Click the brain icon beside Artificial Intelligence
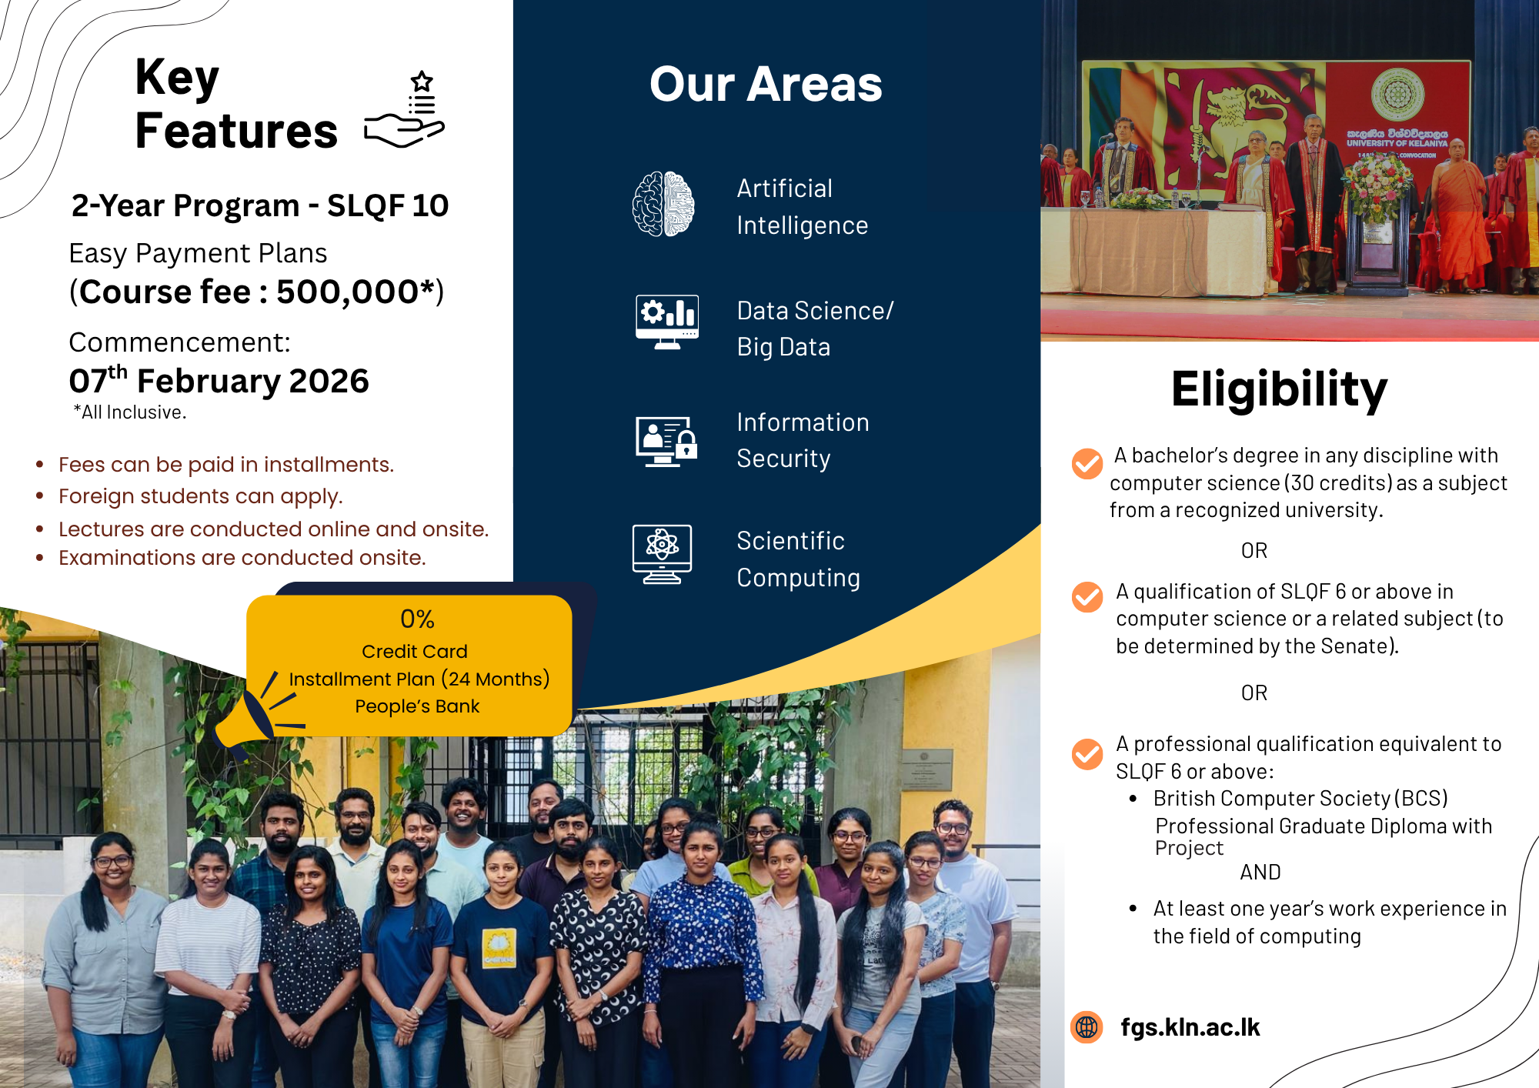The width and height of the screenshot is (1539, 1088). (x=663, y=204)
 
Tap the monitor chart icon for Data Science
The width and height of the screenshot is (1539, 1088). (x=667, y=322)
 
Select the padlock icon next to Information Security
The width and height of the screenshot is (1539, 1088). (x=686, y=444)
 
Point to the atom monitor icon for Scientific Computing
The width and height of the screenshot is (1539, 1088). (x=662, y=554)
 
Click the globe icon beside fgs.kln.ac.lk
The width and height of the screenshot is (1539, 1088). (x=1087, y=1026)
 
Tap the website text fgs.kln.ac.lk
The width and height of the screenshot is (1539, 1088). (x=1190, y=1027)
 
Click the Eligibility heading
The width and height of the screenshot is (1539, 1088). (x=1279, y=389)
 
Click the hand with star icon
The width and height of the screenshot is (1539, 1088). (x=405, y=109)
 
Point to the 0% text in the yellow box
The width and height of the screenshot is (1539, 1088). (x=417, y=619)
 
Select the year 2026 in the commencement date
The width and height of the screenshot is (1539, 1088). (x=329, y=381)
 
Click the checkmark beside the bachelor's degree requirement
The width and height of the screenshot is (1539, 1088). (x=1087, y=463)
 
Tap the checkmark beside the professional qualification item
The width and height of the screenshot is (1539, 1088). (x=1087, y=754)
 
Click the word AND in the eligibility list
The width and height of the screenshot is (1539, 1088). (x=1260, y=872)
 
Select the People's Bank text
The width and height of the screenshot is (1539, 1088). (x=417, y=706)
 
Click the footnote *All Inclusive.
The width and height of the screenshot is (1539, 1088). (x=130, y=412)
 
